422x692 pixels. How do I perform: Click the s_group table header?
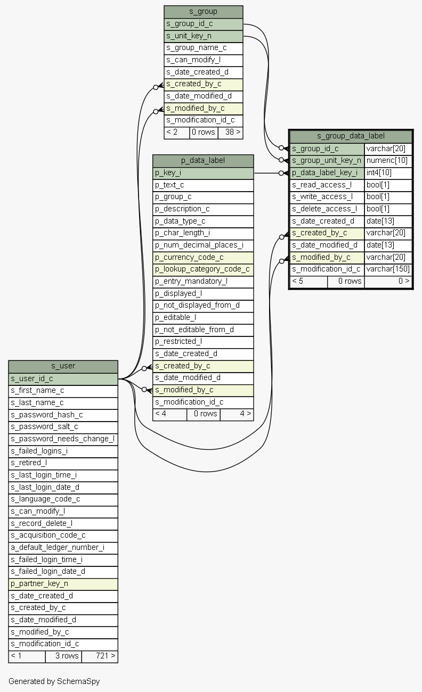coord(204,12)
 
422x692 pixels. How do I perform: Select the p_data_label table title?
coord(203,161)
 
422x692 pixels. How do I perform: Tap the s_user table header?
coord(63,366)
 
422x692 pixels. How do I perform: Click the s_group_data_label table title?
coord(351,136)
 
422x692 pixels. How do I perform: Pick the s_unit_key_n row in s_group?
coord(204,36)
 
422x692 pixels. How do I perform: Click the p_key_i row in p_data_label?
coord(203,173)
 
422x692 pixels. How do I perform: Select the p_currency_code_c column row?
coord(203,258)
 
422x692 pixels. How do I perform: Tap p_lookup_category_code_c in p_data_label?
coord(203,269)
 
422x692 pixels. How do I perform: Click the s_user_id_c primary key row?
coord(63,379)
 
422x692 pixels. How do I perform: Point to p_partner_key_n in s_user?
coord(63,584)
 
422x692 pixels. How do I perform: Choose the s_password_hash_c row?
coord(63,415)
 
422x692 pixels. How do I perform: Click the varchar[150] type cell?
coord(388,269)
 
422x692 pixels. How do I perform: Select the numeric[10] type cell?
coord(388,161)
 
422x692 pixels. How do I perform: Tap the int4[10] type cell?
coord(388,173)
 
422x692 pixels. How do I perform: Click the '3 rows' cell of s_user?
coord(64,656)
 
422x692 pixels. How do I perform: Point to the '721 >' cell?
coord(100,656)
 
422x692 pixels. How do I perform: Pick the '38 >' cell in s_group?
coord(231,133)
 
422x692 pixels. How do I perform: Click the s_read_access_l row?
coord(327,185)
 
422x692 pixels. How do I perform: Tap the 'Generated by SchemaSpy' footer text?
coord(54,681)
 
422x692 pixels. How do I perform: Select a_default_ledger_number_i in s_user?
coord(63,548)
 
